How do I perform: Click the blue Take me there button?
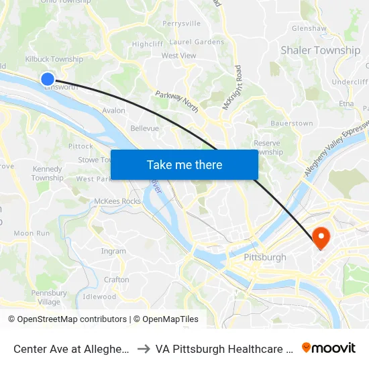(184, 164)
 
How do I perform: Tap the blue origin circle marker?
(48, 79)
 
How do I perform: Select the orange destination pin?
(321, 237)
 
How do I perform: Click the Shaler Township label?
(320, 50)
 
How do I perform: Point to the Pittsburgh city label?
(265, 257)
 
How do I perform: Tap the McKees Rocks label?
(117, 201)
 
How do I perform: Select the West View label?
(178, 56)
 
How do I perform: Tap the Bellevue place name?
(144, 128)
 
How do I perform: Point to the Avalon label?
(113, 111)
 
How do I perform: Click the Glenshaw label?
(309, 28)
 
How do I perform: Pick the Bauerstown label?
(291, 123)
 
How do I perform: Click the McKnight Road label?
(238, 84)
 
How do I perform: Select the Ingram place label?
(113, 252)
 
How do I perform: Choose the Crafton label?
(117, 280)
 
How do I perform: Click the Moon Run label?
(32, 233)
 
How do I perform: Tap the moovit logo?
(329, 348)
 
